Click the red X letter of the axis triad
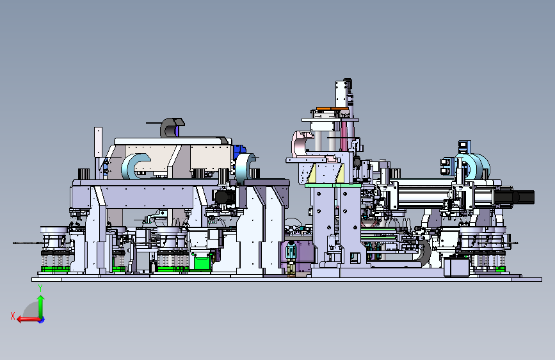pos(13,316)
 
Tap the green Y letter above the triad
pos(40,288)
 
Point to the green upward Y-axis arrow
pos(41,307)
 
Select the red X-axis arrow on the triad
pos(29,319)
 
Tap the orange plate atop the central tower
pos(332,108)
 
